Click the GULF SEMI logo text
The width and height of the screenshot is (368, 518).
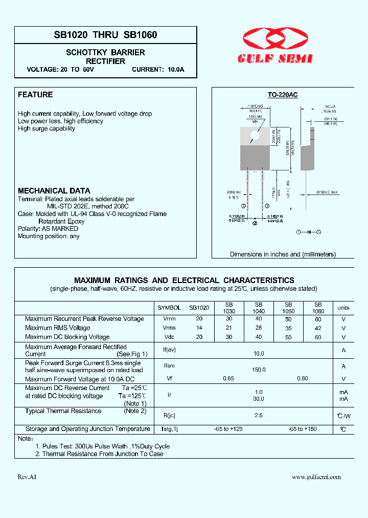275,59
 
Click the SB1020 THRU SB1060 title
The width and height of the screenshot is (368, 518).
105,35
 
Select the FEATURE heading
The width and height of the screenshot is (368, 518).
35,95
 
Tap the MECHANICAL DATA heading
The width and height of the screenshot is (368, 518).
54,190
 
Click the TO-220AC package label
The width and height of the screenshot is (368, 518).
283,95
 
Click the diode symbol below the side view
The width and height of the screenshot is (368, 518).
309,232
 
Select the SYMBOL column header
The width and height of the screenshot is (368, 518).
169,308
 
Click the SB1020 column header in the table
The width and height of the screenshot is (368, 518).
199,308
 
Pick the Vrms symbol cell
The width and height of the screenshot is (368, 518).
169,328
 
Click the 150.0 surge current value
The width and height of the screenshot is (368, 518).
259,370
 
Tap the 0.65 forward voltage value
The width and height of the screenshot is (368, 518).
228,379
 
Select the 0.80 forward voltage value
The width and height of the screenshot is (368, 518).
303,379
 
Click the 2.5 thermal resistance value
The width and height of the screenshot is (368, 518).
259,416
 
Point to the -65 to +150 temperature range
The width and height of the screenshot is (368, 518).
303,429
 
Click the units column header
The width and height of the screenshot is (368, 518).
343,308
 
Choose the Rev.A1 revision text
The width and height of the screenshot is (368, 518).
27,477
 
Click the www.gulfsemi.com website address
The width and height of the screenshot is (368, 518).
316,477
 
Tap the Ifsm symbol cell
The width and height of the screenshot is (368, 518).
169,366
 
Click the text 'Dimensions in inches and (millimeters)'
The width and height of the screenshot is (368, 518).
283,254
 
